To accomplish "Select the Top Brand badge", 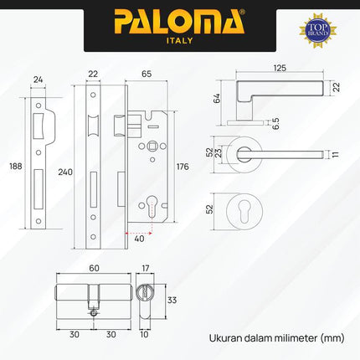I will [318, 28].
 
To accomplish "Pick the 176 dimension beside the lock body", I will [184, 167].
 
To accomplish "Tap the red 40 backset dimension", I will [139, 237].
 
